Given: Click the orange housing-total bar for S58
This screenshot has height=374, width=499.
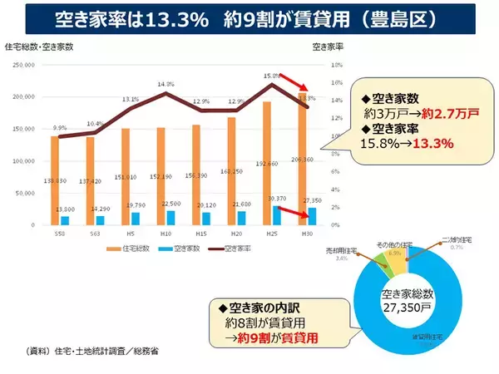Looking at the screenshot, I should [x=54, y=180].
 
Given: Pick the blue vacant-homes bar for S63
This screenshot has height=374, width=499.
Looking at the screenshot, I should [x=100, y=220].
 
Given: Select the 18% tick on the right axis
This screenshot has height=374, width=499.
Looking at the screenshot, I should [x=336, y=65].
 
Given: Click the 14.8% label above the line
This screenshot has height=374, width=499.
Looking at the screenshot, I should [x=165, y=84].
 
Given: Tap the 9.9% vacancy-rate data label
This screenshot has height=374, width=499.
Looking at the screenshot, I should [x=59, y=128].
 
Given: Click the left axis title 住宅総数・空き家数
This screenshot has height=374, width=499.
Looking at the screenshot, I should [x=39, y=46].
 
